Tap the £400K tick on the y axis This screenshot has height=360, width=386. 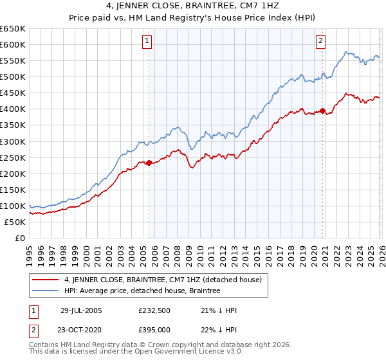click(x=12, y=109)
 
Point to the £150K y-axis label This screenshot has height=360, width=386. click(x=12, y=190)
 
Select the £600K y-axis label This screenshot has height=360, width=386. click(x=12, y=45)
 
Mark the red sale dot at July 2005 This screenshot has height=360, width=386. click(x=149, y=163)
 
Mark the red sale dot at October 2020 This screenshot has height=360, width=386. click(x=322, y=111)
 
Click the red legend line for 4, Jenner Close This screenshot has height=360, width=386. click(x=46, y=280)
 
